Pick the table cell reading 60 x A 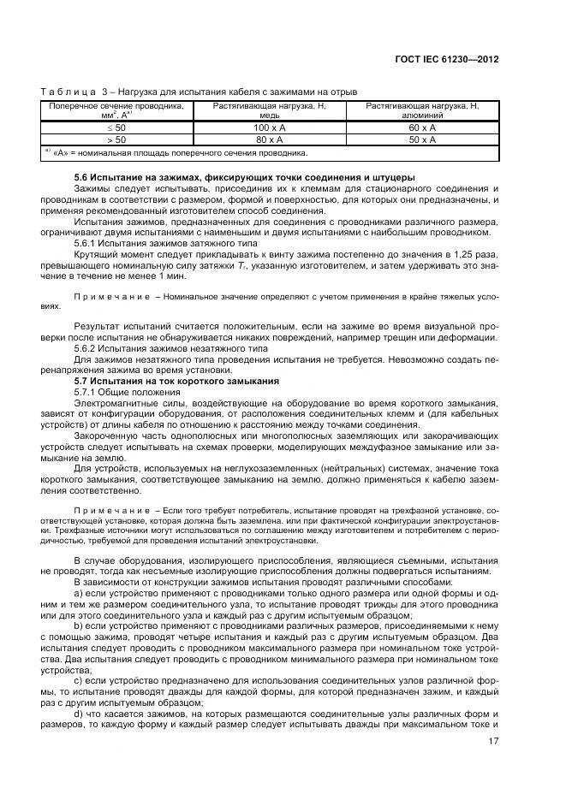[x=422, y=126]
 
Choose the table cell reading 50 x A [x=422, y=139]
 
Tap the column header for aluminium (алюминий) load [x=422, y=110]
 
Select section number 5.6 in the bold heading [x=82, y=177]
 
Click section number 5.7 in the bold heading [x=82, y=380]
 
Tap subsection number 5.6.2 [x=87, y=349]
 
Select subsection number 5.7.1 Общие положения [x=87, y=391]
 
